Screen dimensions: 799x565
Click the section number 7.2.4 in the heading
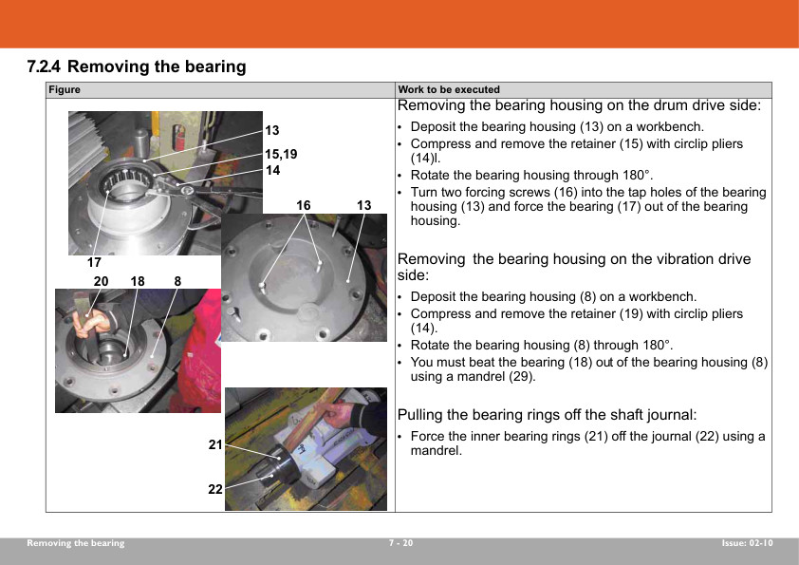44,66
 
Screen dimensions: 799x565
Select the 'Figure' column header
65,90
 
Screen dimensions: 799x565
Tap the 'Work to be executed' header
449,90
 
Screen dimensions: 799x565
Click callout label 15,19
281,154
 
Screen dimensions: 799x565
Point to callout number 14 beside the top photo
272,170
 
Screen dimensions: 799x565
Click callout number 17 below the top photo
94,263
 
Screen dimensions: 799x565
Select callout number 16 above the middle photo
304,205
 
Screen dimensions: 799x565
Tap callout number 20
101,281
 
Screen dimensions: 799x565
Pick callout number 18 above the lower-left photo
137,281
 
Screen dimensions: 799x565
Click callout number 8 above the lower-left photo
177,281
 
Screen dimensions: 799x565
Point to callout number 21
215,444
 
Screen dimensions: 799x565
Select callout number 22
215,489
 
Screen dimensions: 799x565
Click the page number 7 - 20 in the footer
401,543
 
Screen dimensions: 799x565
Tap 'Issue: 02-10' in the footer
747,543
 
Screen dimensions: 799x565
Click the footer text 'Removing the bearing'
75,543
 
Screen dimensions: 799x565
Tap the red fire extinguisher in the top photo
177,137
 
